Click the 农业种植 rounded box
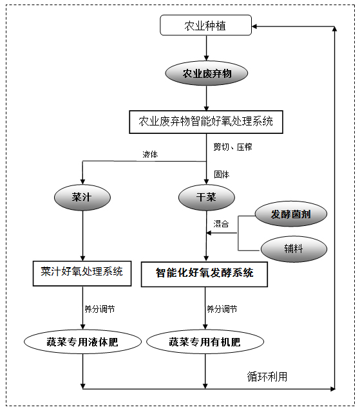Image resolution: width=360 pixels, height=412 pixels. coord(205,25)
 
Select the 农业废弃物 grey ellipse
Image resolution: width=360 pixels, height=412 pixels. coord(206,73)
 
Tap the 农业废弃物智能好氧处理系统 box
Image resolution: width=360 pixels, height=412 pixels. coord(206,122)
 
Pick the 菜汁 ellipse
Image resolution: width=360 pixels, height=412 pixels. coord(82,198)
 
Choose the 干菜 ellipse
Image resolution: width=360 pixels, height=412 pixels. coord(206,198)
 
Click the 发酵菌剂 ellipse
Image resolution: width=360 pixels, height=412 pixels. coord(291,214)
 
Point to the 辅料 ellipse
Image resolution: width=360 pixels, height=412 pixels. coord(294,248)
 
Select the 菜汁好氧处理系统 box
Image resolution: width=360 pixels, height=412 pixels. coord(82,273)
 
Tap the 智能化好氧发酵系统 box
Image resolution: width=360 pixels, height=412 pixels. coord(204,274)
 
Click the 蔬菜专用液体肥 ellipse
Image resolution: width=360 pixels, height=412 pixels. coord(82,342)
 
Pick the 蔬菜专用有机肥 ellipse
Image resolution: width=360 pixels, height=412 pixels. coord(205,342)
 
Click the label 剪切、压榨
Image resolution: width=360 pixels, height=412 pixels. coord(233,147)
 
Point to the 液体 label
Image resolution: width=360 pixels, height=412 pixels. coord(150,154)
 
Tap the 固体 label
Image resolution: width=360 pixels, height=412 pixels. coord(222,174)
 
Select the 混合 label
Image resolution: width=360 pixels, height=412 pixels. coord(221,224)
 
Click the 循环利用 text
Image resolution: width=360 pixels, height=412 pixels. coord(267,377)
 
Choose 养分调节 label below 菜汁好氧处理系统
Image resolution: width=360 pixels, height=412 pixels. coord(100,309)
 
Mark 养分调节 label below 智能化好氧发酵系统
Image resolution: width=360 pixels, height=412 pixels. coord(222,309)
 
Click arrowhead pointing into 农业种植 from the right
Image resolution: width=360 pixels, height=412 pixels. coord(254,26)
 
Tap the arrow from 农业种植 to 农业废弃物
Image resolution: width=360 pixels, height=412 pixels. coord(207,48)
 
